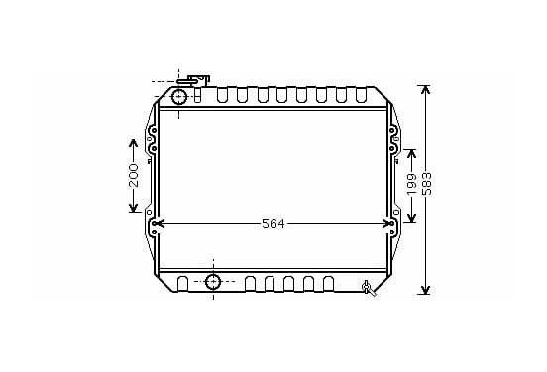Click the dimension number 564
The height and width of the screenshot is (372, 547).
(273, 224)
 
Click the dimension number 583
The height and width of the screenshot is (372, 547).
(427, 184)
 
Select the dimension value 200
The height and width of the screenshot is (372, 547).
(134, 175)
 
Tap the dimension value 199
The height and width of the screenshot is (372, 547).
(412, 184)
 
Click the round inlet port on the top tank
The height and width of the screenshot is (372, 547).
(179, 97)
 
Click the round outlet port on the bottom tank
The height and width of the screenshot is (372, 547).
(213, 281)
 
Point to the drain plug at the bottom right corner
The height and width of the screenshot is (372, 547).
(368, 288)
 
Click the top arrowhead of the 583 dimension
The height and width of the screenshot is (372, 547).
(425, 89)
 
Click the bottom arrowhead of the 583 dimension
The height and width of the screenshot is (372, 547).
(425, 290)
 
